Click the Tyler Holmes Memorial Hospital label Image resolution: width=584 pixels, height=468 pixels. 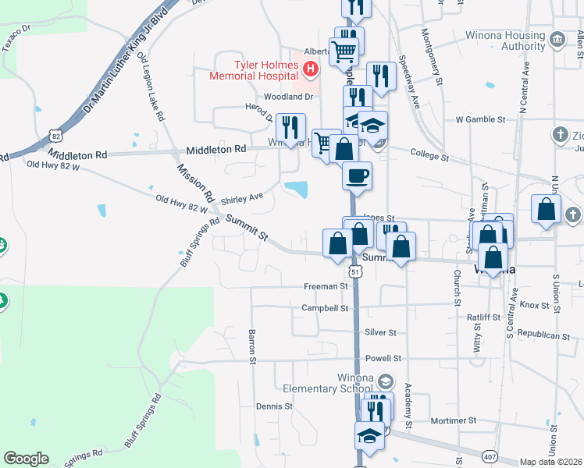pos(255,70)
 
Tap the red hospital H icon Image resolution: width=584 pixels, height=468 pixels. pos(311,70)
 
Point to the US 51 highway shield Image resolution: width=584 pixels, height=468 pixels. pos(354,271)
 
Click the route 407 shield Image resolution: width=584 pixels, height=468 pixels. pos(489,455)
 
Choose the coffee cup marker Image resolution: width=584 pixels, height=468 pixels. pos(358,175)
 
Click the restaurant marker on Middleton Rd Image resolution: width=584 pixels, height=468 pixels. pos(291,128)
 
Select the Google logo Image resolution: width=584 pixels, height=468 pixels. pos(26,459)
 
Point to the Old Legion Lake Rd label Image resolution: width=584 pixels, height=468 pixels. pos(151,87)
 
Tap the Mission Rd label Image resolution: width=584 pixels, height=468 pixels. pos(195,180)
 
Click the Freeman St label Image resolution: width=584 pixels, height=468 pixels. pos(326,286)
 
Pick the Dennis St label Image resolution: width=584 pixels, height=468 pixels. pos(274,406)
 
